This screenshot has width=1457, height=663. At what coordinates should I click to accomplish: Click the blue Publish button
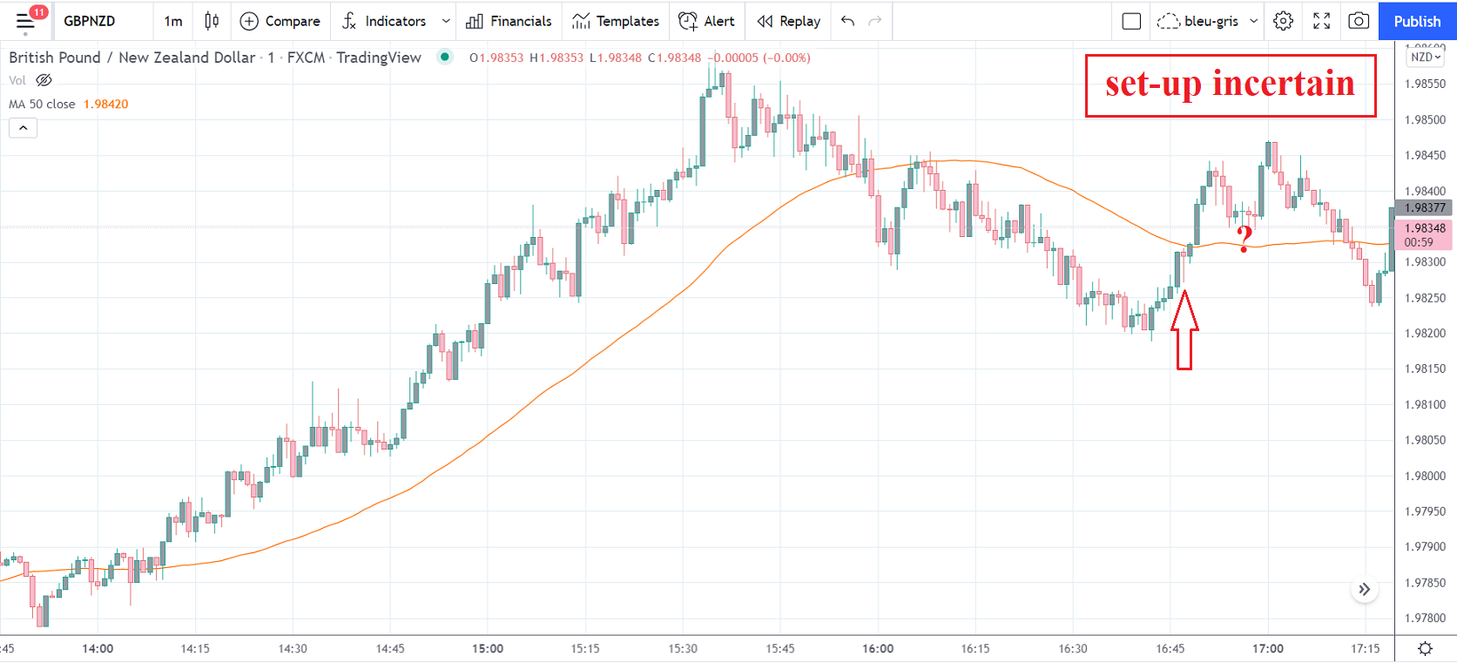click(x=1417, y=21)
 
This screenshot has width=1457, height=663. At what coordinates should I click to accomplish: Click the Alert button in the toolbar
click(x=706, y=21)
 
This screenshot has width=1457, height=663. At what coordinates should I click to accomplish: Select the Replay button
click(x=789, y=21)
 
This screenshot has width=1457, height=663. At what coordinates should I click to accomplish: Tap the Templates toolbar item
click(x=616, y=21)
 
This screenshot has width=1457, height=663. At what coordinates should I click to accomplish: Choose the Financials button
click(x=509, y=21)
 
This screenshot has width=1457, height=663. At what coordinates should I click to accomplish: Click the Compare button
click(x=280, y=21)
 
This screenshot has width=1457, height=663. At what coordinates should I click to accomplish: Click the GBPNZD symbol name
click(x=90, y=21)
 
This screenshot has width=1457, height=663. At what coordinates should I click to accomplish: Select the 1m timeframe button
click(x=173, y=21)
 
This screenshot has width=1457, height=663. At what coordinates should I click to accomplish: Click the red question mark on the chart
click(x=1245, y=238)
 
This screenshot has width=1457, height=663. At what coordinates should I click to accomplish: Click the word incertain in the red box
click(x=1284, y=84)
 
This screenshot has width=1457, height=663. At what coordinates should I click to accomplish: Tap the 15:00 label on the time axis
click(x=488, y=648)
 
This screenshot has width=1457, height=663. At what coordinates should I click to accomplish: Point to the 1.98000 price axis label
click(x=1425, y=476)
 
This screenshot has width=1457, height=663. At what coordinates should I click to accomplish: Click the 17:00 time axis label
click(x=1268, y=648)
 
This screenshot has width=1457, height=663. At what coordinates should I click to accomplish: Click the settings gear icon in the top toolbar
click(x=1283, y=21)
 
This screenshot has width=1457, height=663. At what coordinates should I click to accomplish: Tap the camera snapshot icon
click(x=1359, y=21)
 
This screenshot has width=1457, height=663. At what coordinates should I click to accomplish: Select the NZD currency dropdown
click(x=1426, y=57)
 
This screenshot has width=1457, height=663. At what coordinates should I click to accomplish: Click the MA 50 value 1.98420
click(x=106, y=104)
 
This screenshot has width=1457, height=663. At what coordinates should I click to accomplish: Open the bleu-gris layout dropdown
click(x=1211, y=21)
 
